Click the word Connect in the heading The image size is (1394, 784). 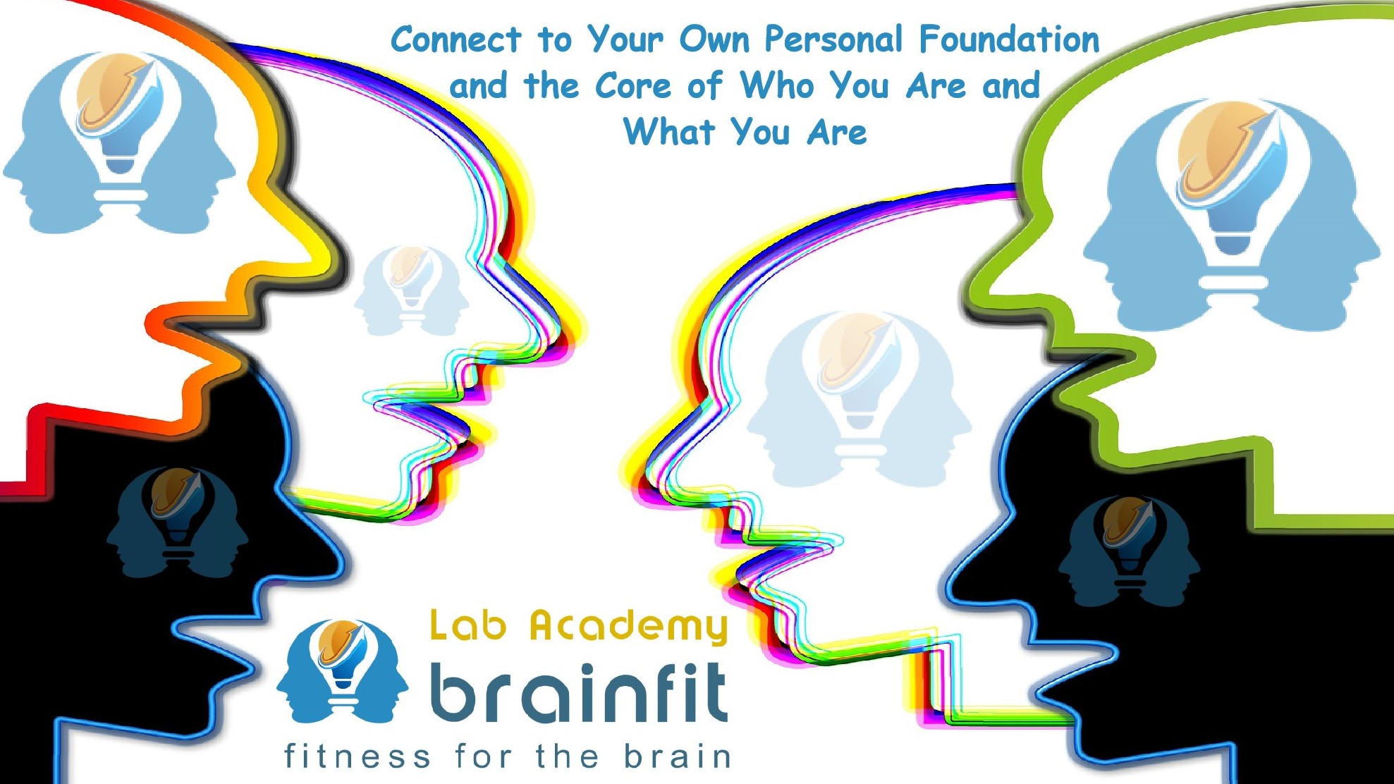pos(456,39)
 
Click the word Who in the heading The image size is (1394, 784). pos(776,85)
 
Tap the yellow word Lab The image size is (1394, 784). pos(468,625)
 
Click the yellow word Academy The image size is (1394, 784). pos(629,627)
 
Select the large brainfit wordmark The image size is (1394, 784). pos(578,692)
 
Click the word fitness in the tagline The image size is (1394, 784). pos(357,756)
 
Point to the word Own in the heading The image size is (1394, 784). pos(714,39)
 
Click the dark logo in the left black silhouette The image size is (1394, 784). pos(177,522)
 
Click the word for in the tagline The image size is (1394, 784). pos(484,756)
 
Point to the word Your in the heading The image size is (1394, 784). pos(624,39)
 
